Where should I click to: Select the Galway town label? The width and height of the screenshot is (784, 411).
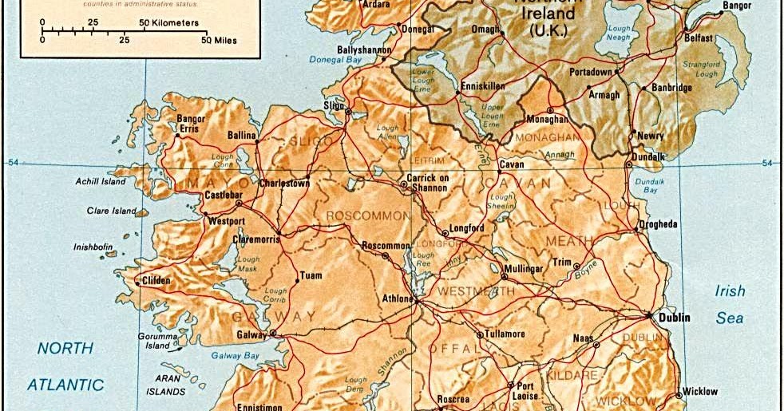[x=250, y=334]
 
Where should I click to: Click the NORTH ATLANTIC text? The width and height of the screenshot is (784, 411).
[x=65, y=366]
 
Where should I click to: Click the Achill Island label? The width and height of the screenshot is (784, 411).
[x=101, y=182]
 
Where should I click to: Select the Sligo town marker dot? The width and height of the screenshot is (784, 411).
[x=348, y=113]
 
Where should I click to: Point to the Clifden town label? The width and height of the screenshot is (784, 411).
[x=157, y=281]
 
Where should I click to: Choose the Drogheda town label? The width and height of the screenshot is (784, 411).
[x=658, y=224]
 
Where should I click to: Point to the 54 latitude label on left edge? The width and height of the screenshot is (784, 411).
[x=13, y=164]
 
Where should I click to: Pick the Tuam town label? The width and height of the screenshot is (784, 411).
[x=311, y=276]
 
